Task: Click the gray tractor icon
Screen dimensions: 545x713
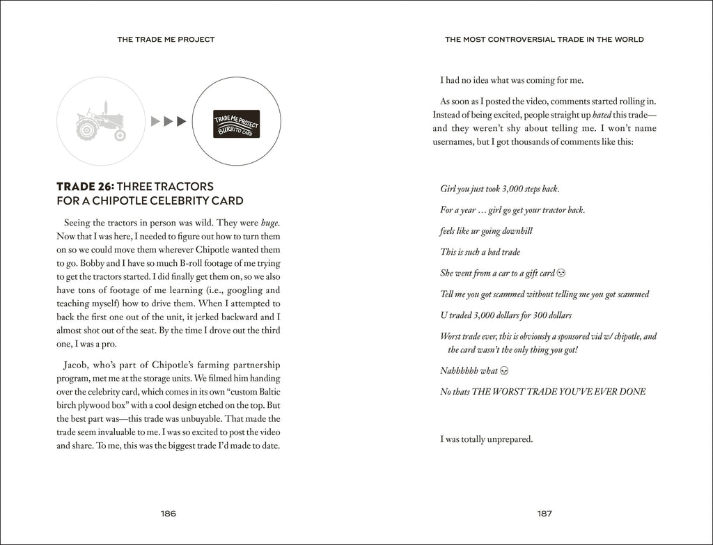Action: (101, 121)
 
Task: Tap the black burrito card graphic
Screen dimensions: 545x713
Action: (236, 121)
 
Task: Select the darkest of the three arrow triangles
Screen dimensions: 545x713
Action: (182, 121)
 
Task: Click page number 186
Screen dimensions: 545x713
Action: (169, 514)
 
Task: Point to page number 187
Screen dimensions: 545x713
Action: (544, 514)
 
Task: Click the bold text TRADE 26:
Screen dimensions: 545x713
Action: (85, 187)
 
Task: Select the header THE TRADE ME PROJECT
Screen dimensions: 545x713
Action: (166, 40)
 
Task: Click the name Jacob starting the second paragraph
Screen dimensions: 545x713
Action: (76, 365)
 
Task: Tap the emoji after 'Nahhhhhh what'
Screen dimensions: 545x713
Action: (505, 370)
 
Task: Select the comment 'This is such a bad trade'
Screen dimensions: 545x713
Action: (480, 252)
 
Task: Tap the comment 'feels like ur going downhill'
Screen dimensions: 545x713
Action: (486, 231)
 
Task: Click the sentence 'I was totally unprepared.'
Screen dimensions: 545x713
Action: (487, 439)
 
